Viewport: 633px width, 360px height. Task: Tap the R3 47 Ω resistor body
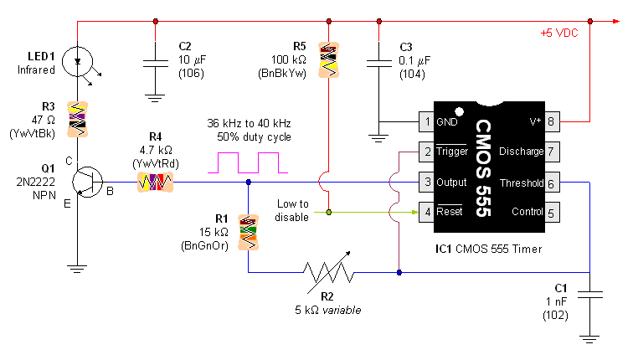[77, 118]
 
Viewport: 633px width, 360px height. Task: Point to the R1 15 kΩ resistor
[248, 232]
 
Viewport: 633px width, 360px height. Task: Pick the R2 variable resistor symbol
[328, 272]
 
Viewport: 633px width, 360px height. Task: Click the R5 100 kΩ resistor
[328, 60]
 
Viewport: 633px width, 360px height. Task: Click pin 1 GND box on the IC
[425, 121]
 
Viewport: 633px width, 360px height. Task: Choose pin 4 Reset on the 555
[425, 213]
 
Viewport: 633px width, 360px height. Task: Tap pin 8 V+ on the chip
[551, 121]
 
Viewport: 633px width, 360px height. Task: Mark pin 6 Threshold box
[551, 183]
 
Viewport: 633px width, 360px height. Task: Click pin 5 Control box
[551, 213]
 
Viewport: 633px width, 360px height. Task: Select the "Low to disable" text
[293, 210]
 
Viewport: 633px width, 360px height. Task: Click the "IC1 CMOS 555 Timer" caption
[488, 249]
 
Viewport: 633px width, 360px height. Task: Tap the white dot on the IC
[458, 111]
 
